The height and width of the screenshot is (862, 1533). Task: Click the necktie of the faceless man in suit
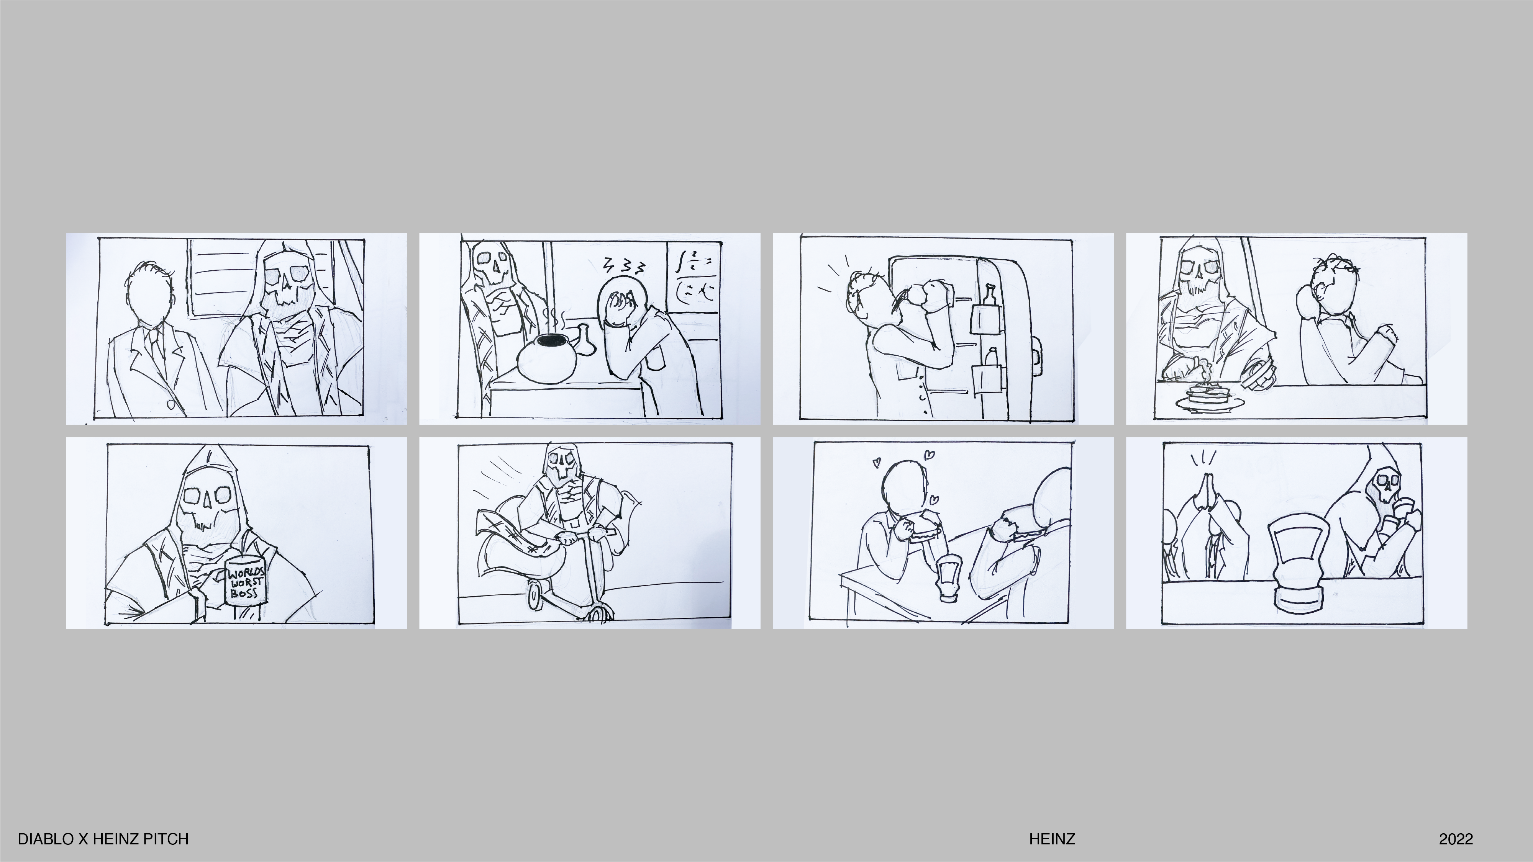[156, 345]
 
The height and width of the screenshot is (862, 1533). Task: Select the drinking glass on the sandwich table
[946, 577]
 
